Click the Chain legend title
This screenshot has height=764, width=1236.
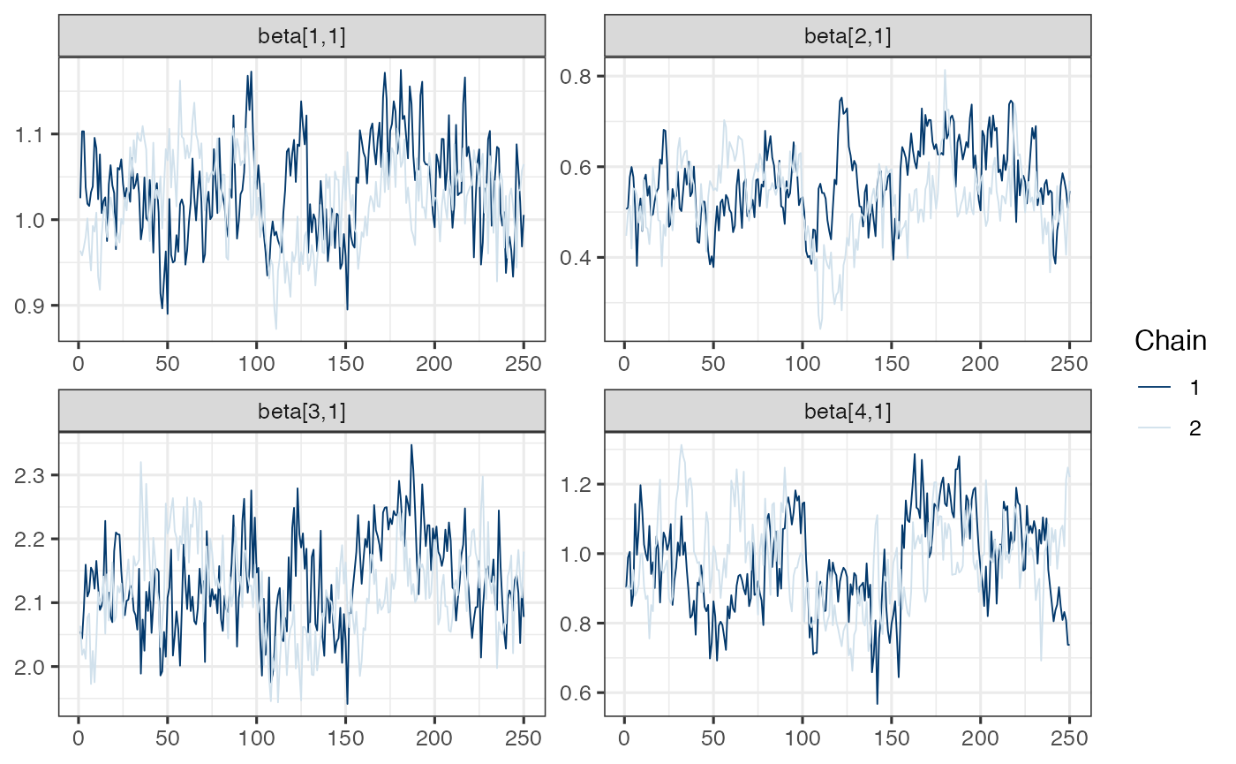click(1170, 340)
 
